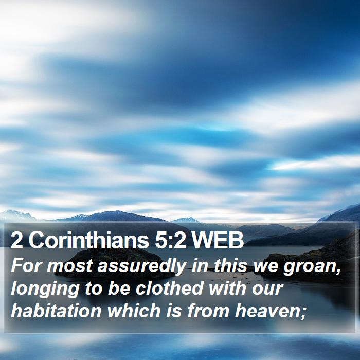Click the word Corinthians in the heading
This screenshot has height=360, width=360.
88,240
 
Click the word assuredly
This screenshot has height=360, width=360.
141,266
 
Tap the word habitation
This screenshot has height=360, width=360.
56,311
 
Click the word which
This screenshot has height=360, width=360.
134,311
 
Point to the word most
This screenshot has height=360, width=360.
69,266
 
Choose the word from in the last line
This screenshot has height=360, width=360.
208,311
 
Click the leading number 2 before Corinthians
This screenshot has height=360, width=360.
16,240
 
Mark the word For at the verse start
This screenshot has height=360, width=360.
26,265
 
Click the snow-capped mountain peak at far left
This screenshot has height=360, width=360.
14,215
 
